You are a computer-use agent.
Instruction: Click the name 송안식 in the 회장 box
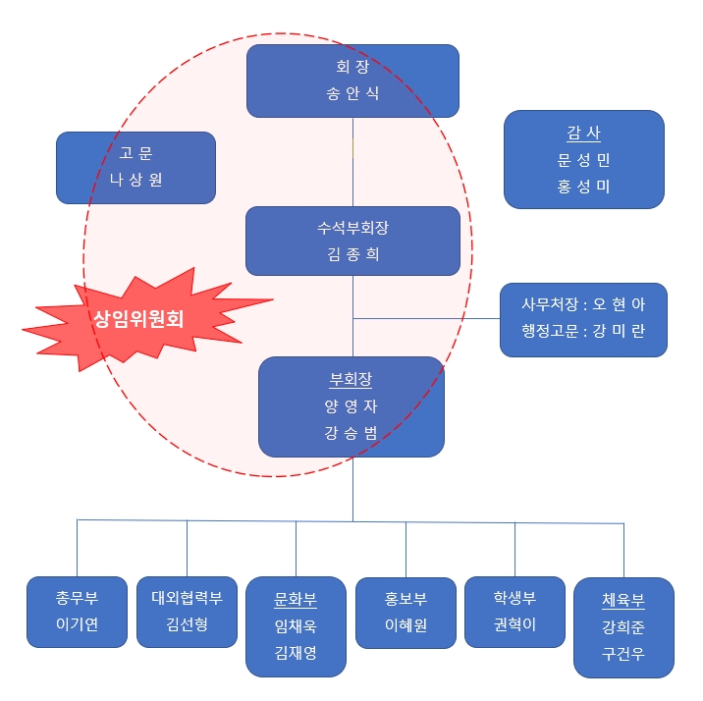click(352, 94)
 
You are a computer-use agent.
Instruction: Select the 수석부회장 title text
click(352, 229)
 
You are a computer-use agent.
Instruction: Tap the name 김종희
click(352, 255)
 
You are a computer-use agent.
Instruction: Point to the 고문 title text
click(135, 153)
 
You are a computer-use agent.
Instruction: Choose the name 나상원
click(135, 180)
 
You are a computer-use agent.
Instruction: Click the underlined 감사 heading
click(583, 133)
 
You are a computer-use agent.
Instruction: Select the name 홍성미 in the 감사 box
click(583, 186)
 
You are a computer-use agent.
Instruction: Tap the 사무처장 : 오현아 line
click(583, 305)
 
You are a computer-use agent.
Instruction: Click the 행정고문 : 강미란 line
click(583, 333)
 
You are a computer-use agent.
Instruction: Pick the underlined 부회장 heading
click(351, 380)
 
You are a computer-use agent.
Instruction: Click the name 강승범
click(351, 433)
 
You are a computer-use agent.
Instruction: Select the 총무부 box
click(77, 611)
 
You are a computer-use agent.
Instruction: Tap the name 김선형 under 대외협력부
click(187, 625)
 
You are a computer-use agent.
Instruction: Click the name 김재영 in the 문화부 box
click(296, 653)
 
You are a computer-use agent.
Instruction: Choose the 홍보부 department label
click(406, 599)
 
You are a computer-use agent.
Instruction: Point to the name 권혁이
click(514, 625)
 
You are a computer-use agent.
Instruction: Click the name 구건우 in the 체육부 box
click(623, 654)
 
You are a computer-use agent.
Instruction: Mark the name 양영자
click(351, 406)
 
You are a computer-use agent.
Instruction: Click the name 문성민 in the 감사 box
click(583, 159)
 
